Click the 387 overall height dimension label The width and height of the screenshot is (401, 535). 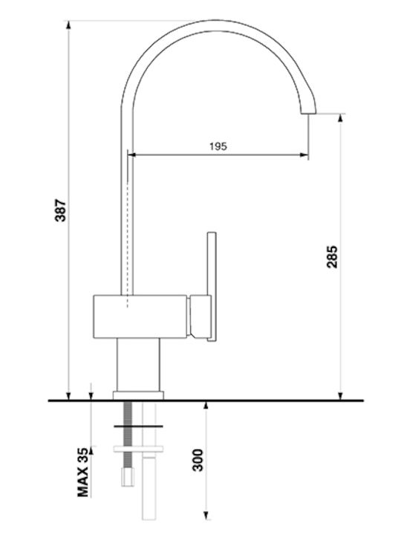61,210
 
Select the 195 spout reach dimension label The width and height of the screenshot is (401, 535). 218,146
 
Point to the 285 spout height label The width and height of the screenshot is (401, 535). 332,256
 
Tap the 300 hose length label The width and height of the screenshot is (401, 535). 198,460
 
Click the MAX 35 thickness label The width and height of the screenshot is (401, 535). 83,472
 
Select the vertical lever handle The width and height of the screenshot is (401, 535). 212,287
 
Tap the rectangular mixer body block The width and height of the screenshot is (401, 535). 140,317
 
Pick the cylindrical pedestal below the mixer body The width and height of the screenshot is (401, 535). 138,365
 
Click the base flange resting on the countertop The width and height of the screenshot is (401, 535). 138,395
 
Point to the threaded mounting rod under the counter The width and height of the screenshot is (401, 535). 128,435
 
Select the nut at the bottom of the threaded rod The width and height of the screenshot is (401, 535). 128,477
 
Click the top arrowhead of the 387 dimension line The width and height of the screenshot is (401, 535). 68,25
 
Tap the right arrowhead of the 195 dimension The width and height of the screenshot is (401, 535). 304,155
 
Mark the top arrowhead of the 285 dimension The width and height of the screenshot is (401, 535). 340,117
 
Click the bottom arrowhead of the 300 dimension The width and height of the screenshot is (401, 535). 206,515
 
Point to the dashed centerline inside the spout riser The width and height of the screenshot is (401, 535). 128,246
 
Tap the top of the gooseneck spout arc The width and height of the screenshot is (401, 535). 214,25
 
